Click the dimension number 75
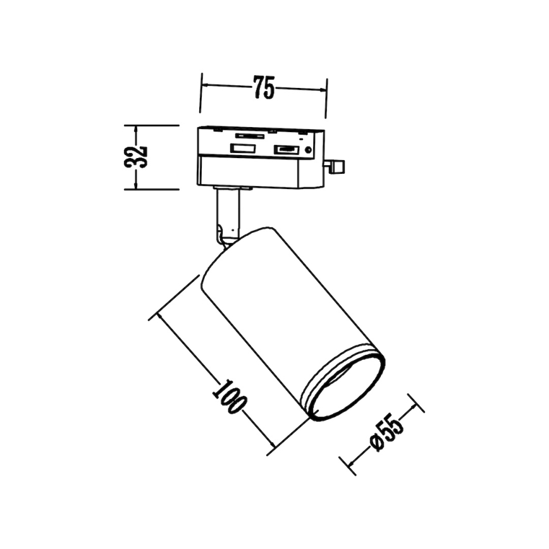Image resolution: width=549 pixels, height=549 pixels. click(264, 88)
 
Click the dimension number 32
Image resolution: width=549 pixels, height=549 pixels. click(137, 156)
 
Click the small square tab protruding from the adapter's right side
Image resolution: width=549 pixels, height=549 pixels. click(336, 166)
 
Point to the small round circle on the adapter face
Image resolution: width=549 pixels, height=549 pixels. click(308, 151)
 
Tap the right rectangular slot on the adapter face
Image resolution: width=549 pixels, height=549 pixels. click(285, 150)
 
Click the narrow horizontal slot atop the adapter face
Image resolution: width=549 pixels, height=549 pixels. click(250, 135)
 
